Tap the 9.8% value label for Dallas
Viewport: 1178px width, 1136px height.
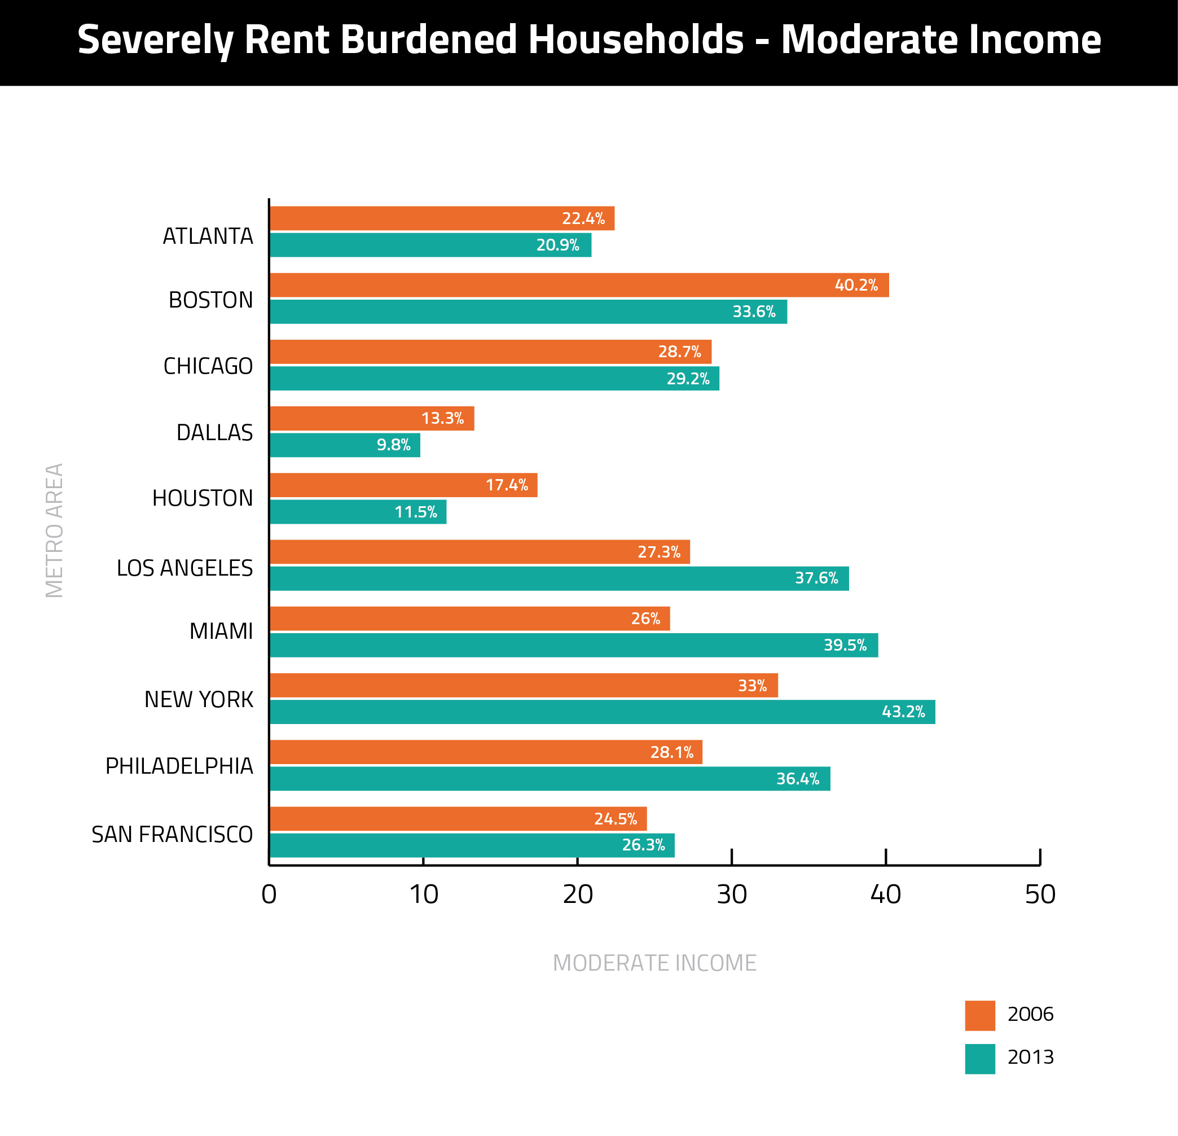point(394,445)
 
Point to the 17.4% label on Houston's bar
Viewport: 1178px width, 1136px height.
point(507,485)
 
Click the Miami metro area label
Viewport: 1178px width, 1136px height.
point(221,631)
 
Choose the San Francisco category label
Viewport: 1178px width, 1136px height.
point(172,835)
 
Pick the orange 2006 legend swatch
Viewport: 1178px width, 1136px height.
point(979,1015)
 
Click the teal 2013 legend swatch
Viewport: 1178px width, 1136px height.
point(979,1059)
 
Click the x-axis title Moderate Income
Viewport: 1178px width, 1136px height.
point(654,963)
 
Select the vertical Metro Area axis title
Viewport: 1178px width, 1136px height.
point(55,530)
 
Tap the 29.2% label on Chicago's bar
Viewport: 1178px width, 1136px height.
point(688,379)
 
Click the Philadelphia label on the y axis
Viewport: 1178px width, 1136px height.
point(179,766)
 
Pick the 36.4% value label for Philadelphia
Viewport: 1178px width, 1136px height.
point(798,779)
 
